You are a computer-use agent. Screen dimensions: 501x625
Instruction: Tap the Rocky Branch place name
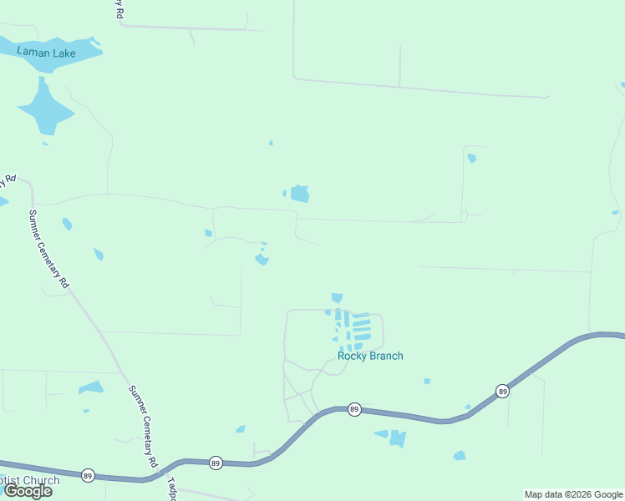tap(370, 356)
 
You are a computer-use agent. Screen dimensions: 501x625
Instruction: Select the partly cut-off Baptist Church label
tap(30, 481)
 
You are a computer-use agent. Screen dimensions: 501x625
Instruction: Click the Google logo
tap(28, 491)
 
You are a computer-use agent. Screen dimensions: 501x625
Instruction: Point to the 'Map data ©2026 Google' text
tap(574, 494)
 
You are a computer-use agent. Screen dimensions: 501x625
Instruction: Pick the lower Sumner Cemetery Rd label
tap(143, 426)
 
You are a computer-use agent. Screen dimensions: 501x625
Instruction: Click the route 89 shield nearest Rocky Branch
tap(354, 409)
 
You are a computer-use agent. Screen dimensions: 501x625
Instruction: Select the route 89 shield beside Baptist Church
tap(88, 476)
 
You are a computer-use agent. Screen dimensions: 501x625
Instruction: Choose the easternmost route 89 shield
tap(501, 391)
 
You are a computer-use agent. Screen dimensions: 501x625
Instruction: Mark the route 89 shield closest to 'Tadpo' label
tap(216, 463)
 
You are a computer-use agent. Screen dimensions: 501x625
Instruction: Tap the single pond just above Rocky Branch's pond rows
tap(337, 297)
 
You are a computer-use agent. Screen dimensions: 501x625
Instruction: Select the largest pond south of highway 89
tap(396, 438)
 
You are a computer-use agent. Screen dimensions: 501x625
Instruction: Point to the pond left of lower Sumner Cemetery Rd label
tap(91, 387)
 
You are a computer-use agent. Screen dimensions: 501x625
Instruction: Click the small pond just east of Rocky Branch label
tap(427, 381)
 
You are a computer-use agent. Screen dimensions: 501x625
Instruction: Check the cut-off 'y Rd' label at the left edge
tap(8, 180)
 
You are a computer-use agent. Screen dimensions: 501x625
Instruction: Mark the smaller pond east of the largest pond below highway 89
tap(459, 455)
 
